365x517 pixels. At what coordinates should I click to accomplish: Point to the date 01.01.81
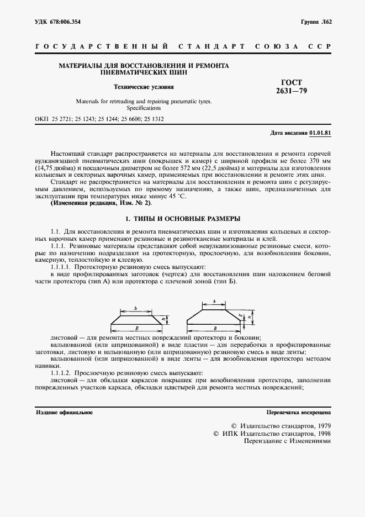pos(320,133)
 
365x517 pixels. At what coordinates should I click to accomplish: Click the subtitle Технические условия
pos(144,87)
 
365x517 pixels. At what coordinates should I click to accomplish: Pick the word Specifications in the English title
pos(144,108)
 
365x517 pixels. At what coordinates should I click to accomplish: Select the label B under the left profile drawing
pos(136,328)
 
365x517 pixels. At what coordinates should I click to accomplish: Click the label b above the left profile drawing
pos(135,308)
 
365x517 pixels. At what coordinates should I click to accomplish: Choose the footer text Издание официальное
pos(64,413)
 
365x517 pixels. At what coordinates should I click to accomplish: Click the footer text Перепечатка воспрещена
pos(298,413)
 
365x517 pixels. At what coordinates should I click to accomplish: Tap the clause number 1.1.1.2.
pos(61,374)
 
